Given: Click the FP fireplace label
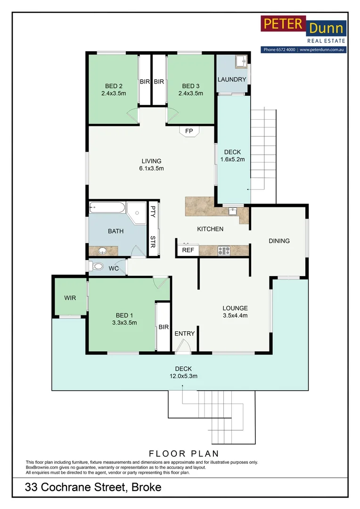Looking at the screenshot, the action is tap(189, 131).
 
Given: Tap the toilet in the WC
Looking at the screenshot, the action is tap(97, 267).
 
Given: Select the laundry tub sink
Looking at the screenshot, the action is tap(241, 61).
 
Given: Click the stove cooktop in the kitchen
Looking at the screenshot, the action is tap(224, 250).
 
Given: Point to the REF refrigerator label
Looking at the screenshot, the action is tap(188, 250).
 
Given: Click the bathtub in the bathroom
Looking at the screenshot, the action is tap(107, 207).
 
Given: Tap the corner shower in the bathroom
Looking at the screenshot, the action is tap(136, 213).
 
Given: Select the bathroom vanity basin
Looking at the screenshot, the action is tap(103, 251).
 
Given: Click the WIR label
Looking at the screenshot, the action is tap(70, 298).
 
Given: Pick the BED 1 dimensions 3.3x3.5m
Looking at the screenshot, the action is tap(124, 323).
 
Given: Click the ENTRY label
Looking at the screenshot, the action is tap(185, 333).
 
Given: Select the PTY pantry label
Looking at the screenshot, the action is tap(153, 211).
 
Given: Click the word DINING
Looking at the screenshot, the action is tap(279, 241).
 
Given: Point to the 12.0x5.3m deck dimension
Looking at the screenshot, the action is tap(183, 376).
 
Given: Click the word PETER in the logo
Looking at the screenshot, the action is tap(283, 24).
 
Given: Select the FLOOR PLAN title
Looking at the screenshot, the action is tap(184, 453).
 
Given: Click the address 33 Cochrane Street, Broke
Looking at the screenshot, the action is tap(93, 487).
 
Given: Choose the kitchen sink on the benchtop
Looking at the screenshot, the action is tap(233, 211).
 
